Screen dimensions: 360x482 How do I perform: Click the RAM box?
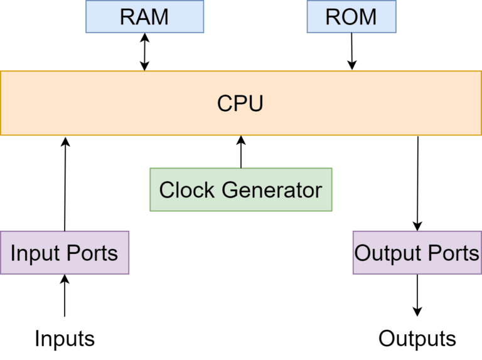(144, 16)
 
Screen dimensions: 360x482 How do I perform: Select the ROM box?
(351, 16)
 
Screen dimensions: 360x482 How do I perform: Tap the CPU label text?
(240, 103)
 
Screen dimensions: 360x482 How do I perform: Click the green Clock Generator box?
(240, 189)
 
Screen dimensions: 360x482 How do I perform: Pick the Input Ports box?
(64, 253)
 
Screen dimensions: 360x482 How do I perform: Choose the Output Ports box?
(417, 253)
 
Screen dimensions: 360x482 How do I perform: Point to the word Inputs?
(64, 339)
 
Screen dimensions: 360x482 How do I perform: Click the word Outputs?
(417, 339)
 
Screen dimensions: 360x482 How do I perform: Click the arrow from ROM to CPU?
(351, 50)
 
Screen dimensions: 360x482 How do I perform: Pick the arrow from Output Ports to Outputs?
(417, 295)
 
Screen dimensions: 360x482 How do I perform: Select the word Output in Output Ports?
(387, 253)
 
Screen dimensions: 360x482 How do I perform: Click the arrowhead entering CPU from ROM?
(352, 65)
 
